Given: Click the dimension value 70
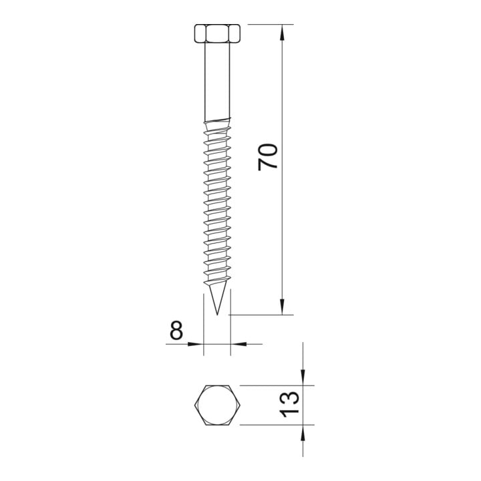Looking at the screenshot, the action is (x=268, y=157).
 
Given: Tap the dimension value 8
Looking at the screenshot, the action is (x=176, y=330).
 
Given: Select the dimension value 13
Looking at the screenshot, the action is (x=289, y=404).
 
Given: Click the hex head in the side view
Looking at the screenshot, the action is (x=217, y=33).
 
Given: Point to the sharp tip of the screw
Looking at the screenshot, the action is (x=217, y=315).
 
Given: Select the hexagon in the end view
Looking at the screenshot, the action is (x=217, y=405).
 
